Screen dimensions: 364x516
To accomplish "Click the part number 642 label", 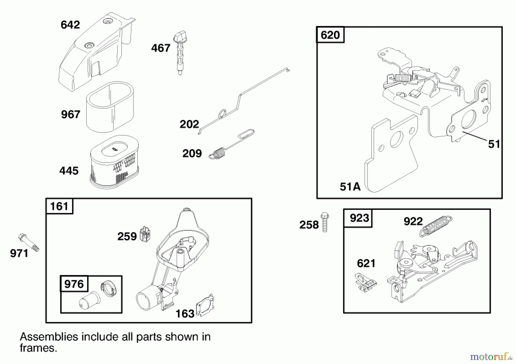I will (70, 25).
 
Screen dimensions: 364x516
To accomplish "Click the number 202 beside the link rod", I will (189, 124).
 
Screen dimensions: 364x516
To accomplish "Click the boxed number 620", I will (330, 35).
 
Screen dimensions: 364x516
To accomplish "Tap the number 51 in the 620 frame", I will (494, 144).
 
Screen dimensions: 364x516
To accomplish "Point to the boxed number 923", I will (359, 218).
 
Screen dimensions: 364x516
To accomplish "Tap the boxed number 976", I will (74, 284).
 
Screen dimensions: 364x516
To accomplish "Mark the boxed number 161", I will (59, 206).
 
